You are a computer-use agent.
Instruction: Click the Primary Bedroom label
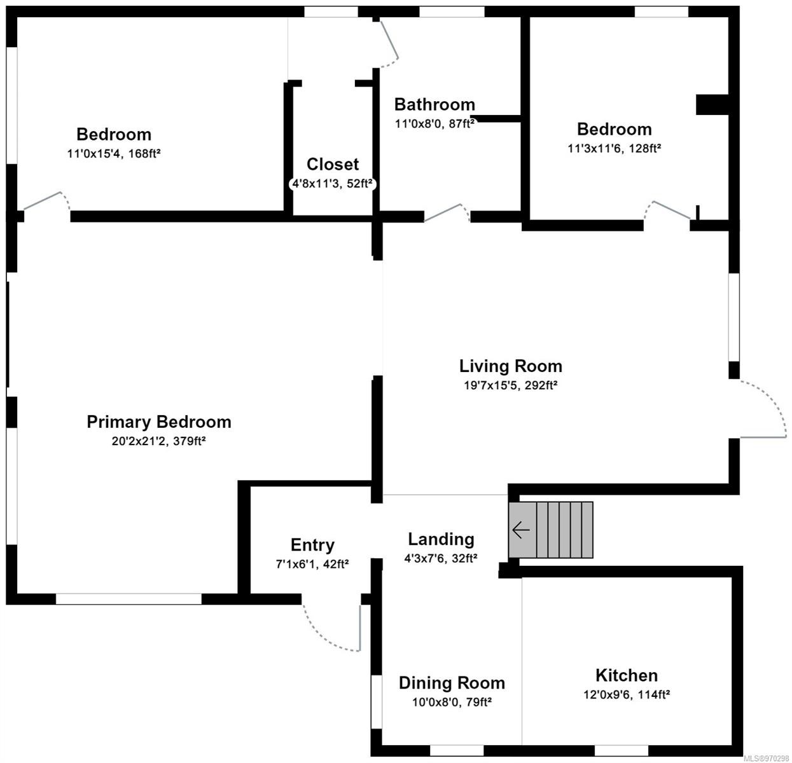[158, 422]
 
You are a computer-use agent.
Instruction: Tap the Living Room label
[510, 366]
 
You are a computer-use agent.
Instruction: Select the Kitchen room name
[626, 675]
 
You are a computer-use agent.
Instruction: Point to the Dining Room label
[452, 683]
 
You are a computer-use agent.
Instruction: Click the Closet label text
[332, 164]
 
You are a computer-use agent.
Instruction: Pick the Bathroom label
[434, 104]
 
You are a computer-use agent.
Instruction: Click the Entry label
[312, 545]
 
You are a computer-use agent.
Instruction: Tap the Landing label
[441, 539]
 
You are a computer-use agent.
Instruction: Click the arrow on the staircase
[521, 530]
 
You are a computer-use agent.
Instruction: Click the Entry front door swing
[331, 629]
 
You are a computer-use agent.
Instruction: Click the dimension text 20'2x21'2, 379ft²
[158, 441]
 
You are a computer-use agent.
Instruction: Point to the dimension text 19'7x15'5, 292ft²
[510, 385]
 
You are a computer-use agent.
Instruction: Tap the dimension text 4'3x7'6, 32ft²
[441, 558]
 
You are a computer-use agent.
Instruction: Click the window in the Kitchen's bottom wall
[621, 751]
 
